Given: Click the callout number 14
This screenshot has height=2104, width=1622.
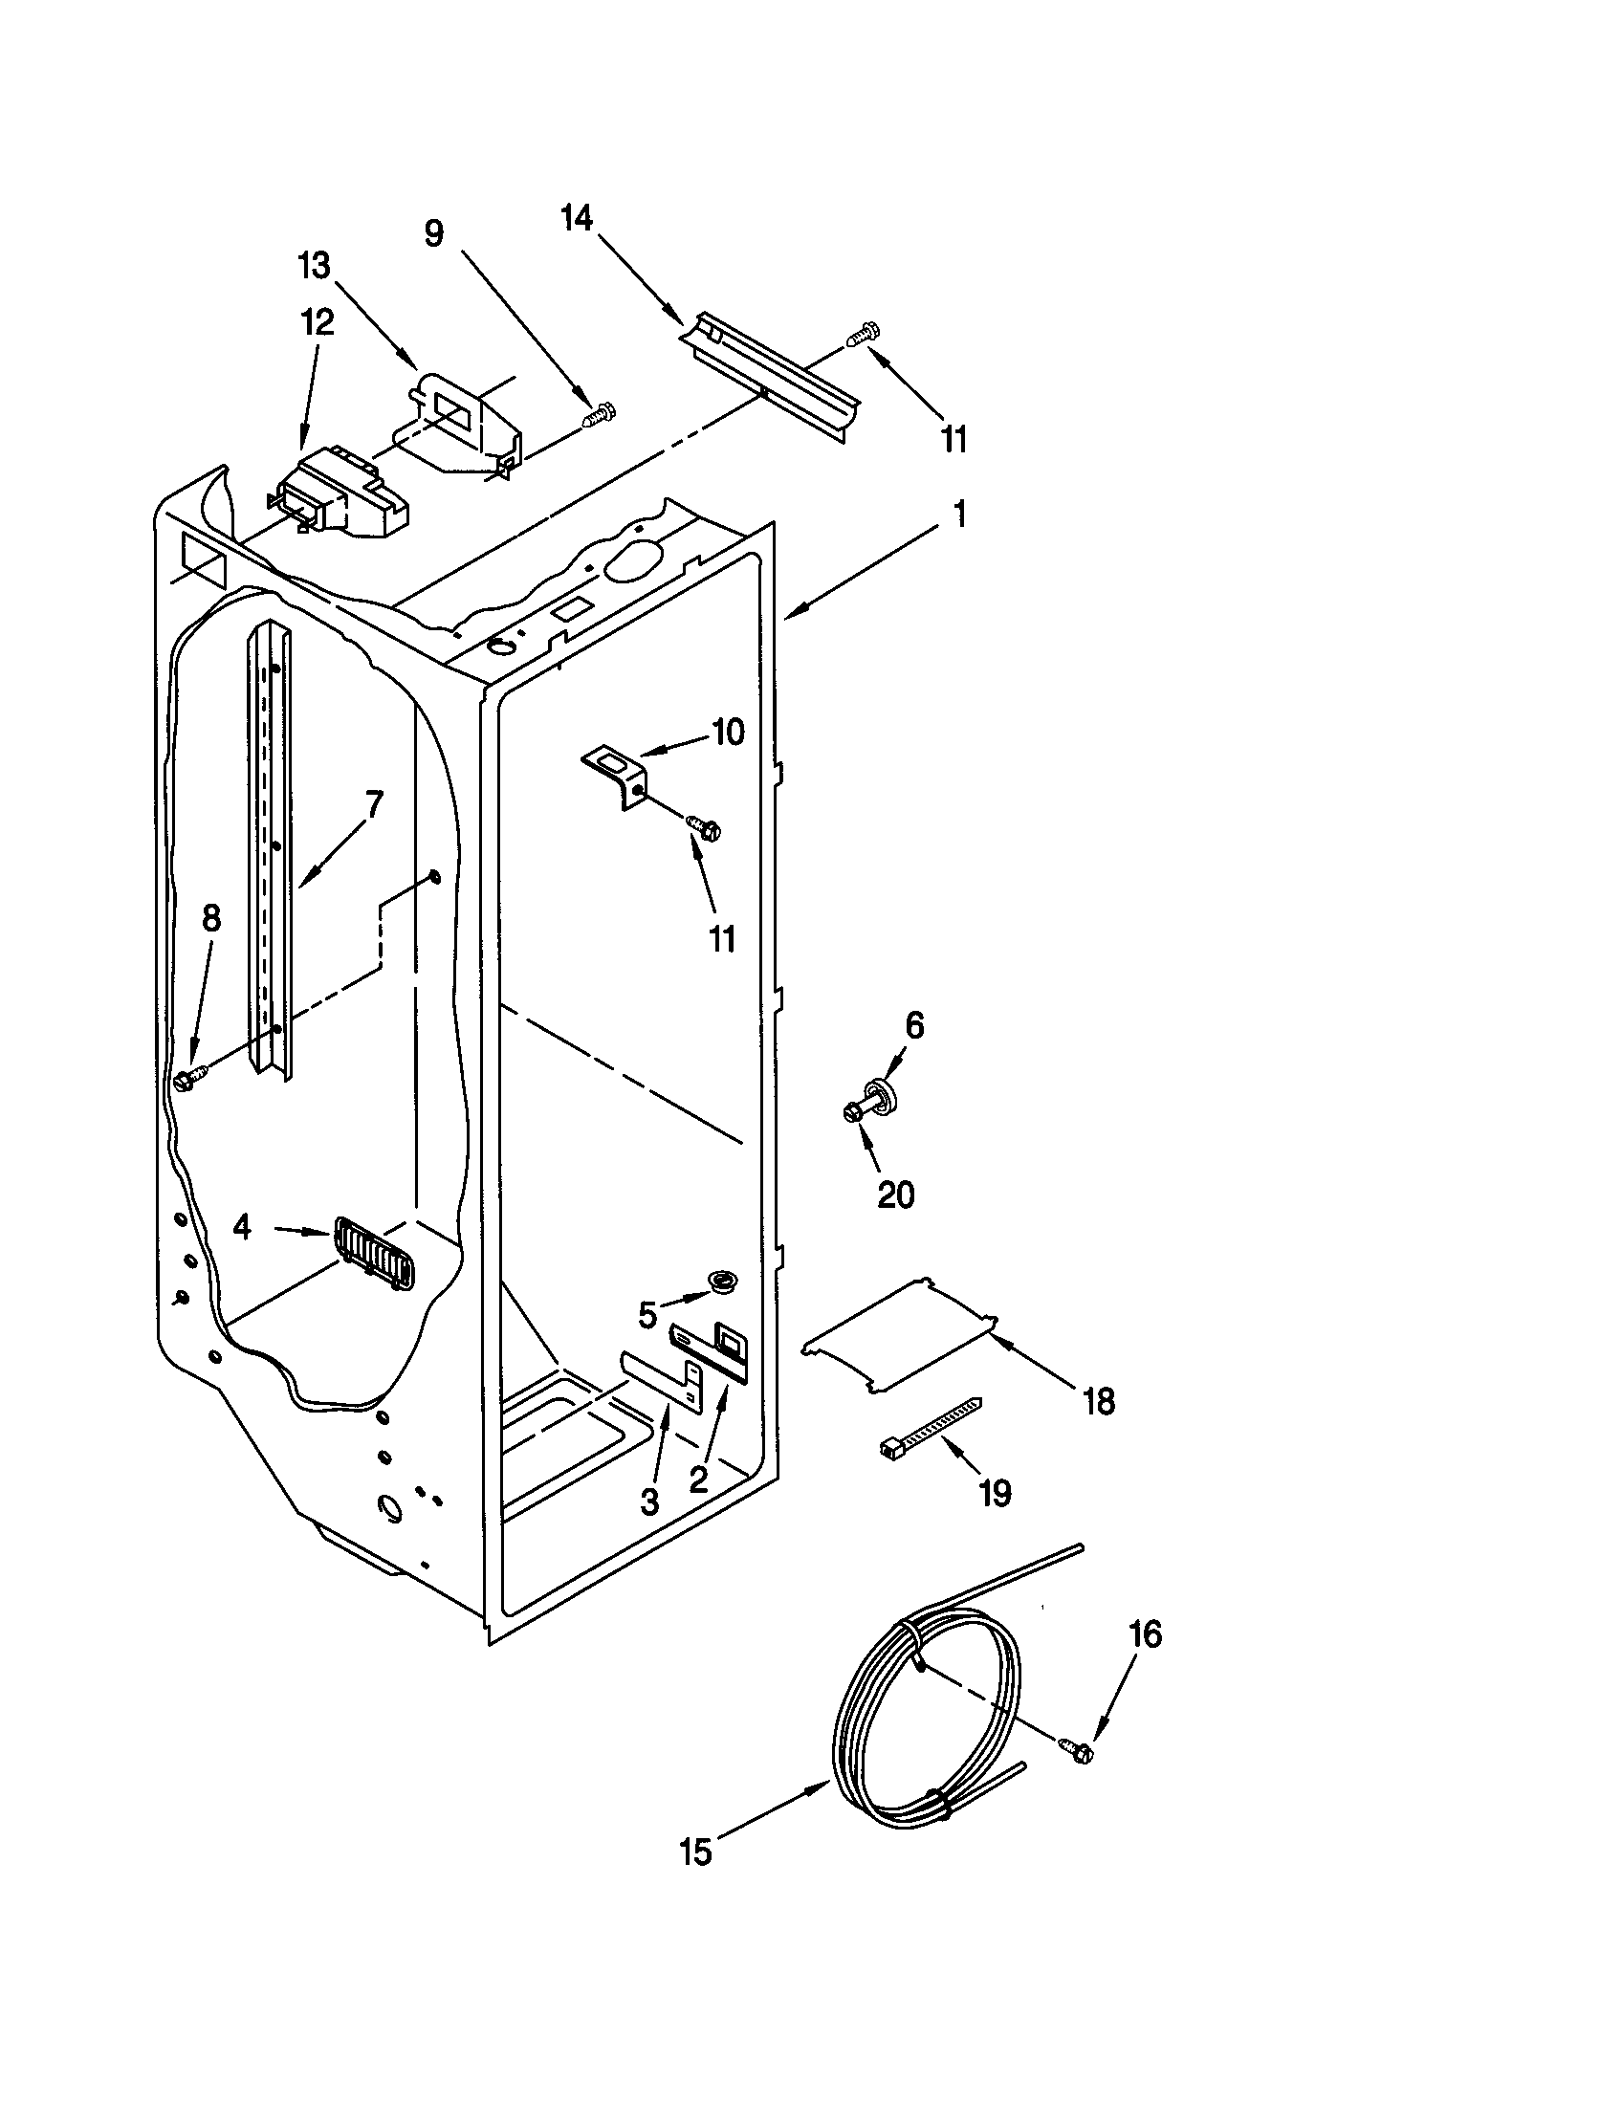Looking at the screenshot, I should pos(577,220).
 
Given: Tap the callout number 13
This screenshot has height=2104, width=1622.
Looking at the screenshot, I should pos(314,265).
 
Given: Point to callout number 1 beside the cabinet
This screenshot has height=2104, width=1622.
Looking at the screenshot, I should pos(958,515).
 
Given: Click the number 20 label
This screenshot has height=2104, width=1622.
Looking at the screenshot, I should pos(895,1195).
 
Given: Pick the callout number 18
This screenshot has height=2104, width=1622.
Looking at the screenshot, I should pos(1099,1402).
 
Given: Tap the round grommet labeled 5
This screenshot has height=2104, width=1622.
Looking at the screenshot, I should pos(720,1281).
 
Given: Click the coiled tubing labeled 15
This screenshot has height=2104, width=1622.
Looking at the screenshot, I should pos(925,1724).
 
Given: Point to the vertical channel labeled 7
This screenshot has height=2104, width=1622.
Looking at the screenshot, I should pos(268,847).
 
